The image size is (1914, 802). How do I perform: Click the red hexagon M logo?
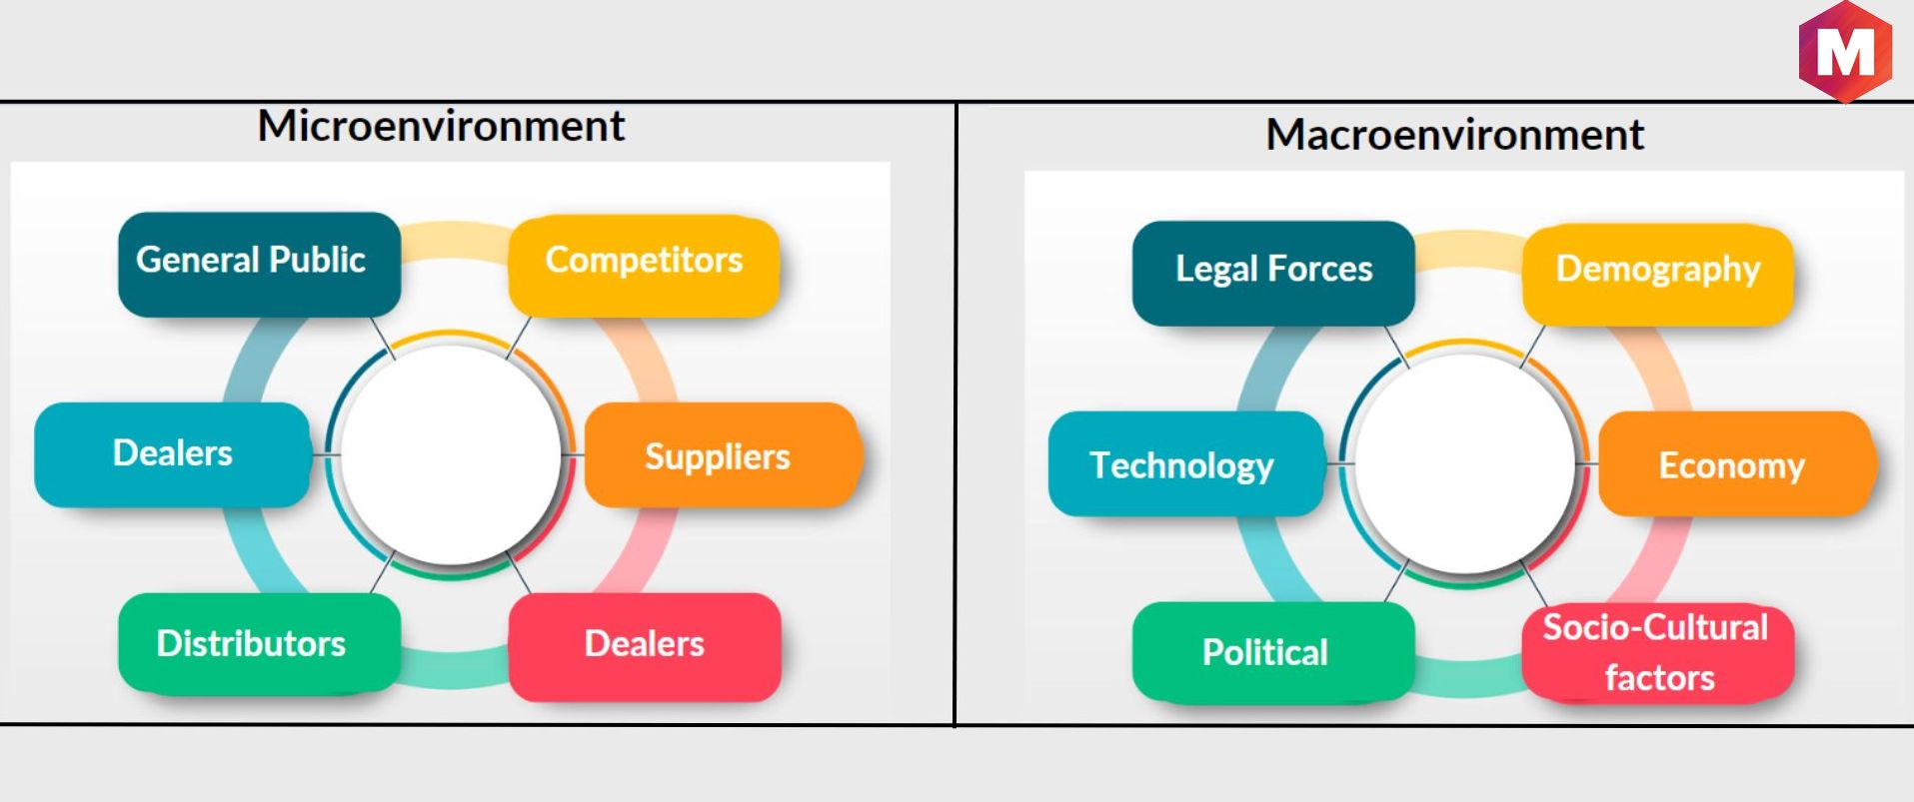click(1845, 51)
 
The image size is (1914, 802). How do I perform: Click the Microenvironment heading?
click(441, 127)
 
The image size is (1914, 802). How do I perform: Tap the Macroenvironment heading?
click(1454, 135)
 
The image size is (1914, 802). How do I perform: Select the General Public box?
click(260, 264)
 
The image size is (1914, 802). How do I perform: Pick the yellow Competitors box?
click(644, 266)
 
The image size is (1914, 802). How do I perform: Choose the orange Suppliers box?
click(722, 455)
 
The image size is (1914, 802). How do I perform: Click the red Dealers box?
click(645, 646)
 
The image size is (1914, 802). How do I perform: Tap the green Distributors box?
click(260, 643)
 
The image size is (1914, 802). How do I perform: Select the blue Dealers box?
click(172, 454)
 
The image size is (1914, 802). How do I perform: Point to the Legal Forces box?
click(1273, 273)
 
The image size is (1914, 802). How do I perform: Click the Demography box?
click(1657, 275)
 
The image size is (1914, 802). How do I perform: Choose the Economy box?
click(1735, 464)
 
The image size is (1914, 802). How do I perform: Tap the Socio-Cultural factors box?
click(1658, 653)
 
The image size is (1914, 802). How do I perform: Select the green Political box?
click(1273, 652)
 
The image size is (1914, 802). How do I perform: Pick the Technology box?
click(1186, 463)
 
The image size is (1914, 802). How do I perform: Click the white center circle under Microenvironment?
click(450, 455)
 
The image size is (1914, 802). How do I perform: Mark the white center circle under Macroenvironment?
click(1464, 464)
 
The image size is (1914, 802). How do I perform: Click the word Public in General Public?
click(317, 261)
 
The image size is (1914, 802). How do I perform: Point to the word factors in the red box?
click(1659, 678)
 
